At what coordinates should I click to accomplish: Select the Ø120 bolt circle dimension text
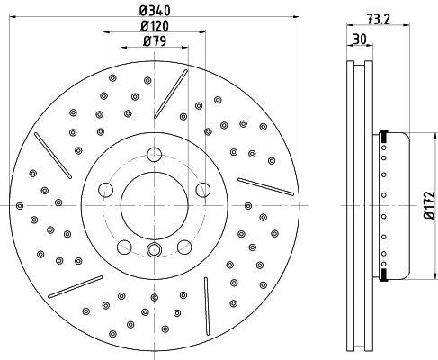153,27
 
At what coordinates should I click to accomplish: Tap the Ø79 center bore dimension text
153,40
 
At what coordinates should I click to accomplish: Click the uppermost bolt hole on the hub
154,153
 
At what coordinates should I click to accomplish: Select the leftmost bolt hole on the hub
106,190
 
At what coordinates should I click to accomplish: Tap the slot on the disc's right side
266,185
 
